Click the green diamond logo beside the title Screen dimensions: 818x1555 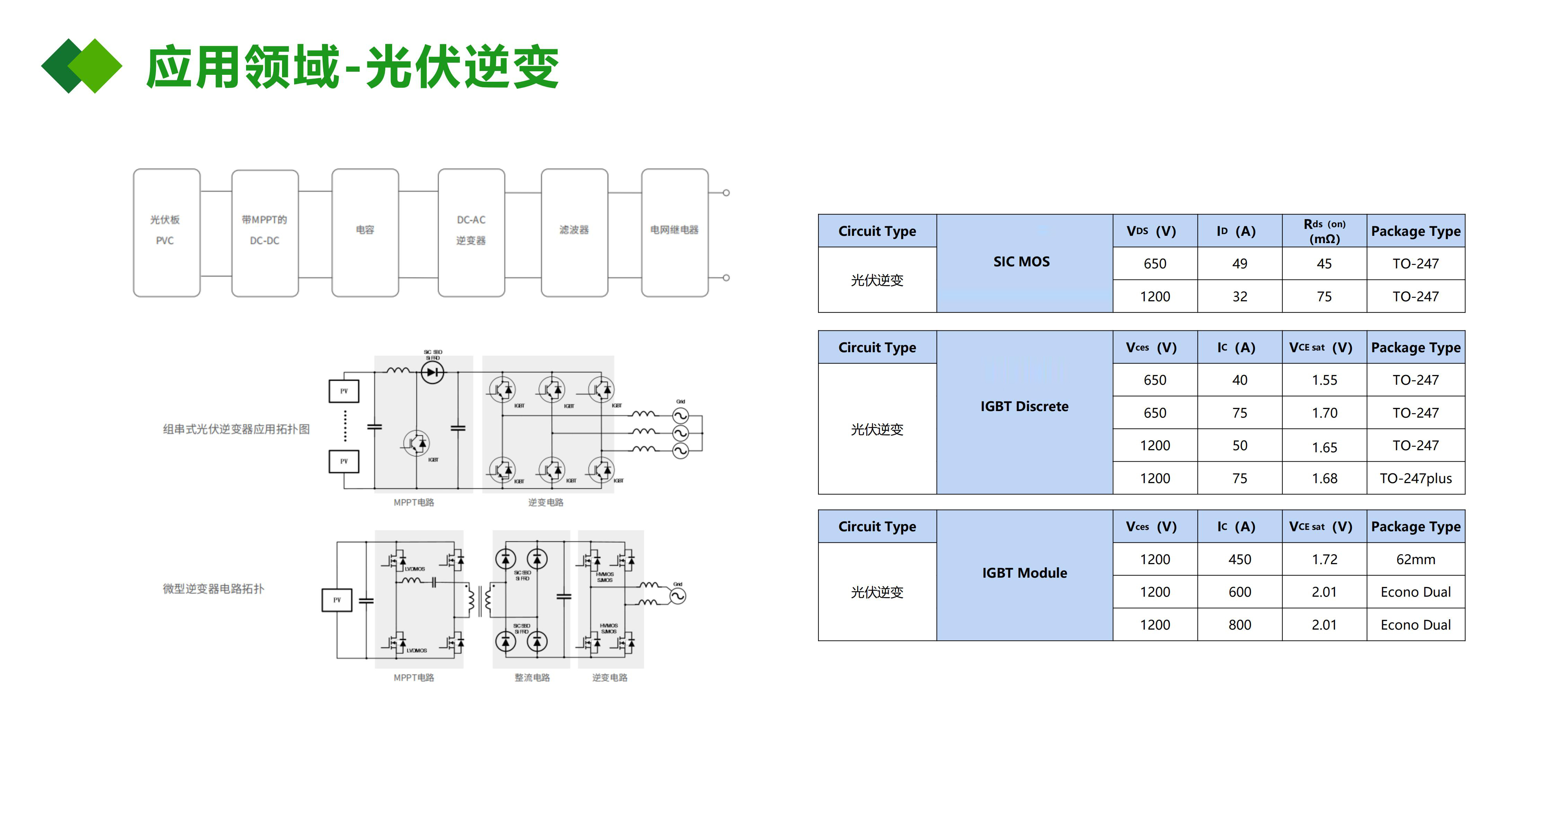pyautogui.click(x=81, y=66)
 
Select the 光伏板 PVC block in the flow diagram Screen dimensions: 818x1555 pyautogui.click(x=166, y=232)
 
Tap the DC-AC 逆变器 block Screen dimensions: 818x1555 pyautogui.click(x=471, y=232)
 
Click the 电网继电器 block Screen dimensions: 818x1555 pyautogui.click(x=674, y=232)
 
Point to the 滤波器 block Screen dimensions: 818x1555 pyautogui.click(x=574, y=232)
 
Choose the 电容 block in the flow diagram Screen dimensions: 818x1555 pyautogui.click(x=364, y=232)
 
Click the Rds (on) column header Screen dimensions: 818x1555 pyautogui.click(x=1324, y=231)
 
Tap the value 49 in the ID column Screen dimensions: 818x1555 pyautogui.click(x=1239, y=264)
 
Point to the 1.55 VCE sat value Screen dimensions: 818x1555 pyautogui.click(x=1324, y=380)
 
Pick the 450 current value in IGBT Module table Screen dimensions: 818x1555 pyautogui.click(x=1239, y=559)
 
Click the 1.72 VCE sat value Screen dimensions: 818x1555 pyautogui.click(x=1324, y=559)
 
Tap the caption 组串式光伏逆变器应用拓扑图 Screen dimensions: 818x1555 pyautogui.click(x=236, y=429)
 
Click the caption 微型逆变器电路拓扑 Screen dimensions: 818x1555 pyautogui.click(x=213, y=589)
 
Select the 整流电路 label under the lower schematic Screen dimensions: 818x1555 pyautogui.click(x=532, y=677)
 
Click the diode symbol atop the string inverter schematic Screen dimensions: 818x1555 pyautogui.click(x=432, y=372)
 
